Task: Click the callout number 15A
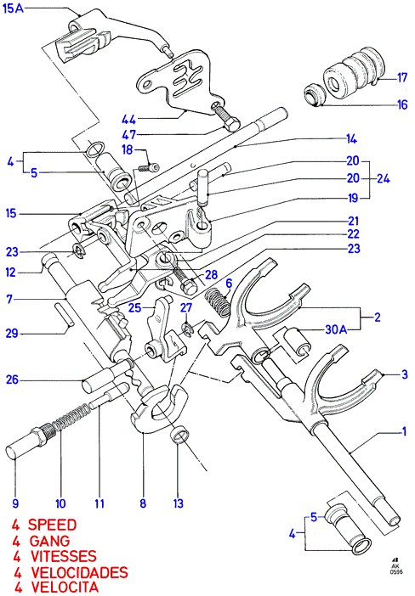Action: tap(13, 8)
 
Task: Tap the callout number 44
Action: tap(128, 120)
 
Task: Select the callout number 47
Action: tap(128, 135)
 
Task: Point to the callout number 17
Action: tap(402, 78)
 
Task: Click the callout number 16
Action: tap(402, 104)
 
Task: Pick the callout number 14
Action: tap(351, 139)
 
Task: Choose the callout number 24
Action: tap(383, 178)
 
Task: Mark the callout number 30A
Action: tap(336, 329)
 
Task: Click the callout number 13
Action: tap(179, 503)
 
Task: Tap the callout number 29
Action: tap(12, 334)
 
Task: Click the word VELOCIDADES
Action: tap(79, 572)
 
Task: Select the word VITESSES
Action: tap(64, 556)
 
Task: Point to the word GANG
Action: tap(49, 541)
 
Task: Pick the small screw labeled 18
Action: tap(147, 167)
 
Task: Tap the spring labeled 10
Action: tap(72, 417)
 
